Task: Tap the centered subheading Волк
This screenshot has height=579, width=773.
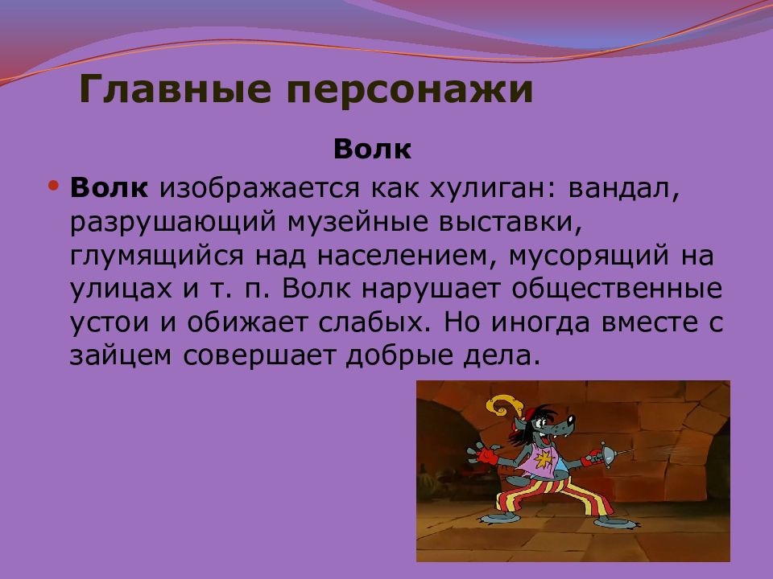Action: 372,149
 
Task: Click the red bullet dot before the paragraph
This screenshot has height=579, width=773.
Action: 54,186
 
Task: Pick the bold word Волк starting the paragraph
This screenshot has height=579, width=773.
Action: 109,187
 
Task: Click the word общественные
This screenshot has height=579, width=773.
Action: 617,289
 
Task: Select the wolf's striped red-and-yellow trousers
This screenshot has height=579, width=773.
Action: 552,495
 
